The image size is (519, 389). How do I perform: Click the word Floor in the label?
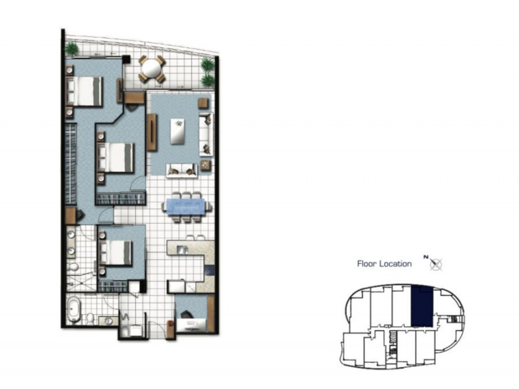[x=367, y=264]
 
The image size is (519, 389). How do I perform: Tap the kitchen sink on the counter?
[x=182, y=249]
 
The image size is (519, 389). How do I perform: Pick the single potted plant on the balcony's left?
[x=72, y=49]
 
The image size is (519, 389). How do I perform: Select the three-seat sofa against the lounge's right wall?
[x=206, y=132]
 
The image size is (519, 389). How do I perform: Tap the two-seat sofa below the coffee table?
[x=182, y=170]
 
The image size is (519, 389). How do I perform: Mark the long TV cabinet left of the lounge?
[x=152, y=132]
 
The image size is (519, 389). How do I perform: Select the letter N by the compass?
[x=426, y=257]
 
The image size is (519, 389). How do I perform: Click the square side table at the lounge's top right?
[x=204, y=102]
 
